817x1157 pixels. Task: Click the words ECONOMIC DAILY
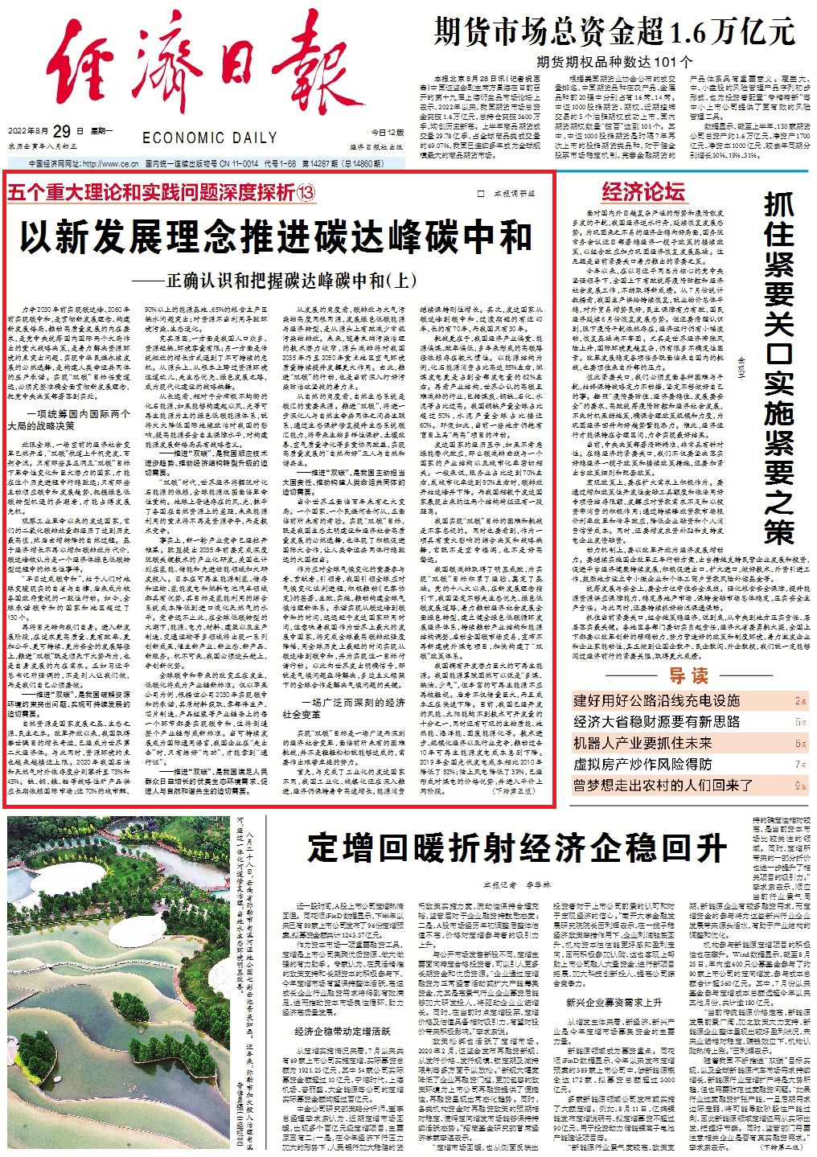(209, 138)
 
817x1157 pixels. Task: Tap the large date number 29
(62, 131)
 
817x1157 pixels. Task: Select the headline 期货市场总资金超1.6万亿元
(614, 32)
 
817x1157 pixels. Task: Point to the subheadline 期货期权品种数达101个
(614, 61)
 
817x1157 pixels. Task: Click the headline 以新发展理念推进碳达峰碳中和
(276, 237)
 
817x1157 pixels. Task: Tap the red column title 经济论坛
(643, 191)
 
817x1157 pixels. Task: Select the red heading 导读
(689, 675)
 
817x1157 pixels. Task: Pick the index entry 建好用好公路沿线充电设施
(656, 700)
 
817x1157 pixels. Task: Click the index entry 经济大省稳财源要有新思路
(656, 721)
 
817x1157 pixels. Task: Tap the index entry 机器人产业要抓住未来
(643, 742)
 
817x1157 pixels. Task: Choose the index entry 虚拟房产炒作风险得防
(643, 763)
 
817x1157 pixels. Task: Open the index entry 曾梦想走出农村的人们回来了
(663, 785)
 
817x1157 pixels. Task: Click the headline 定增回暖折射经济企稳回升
(517, 847)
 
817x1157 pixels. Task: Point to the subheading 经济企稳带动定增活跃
(342, 1031)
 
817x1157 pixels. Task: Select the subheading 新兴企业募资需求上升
(614, 1003)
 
